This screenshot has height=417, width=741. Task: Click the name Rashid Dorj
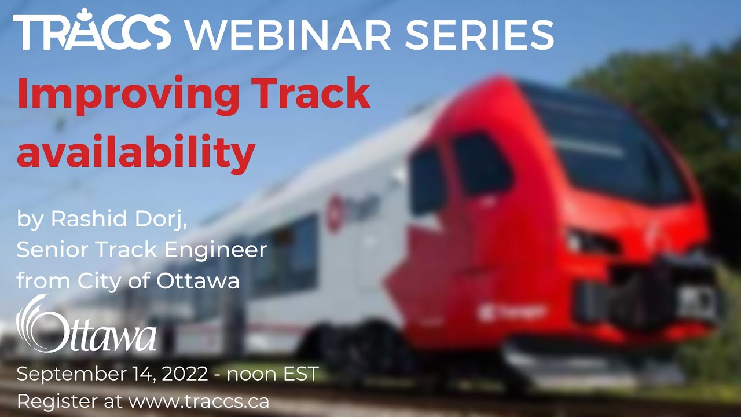click(x=119, y=220)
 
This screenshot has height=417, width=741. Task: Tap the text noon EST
click(x=273, y=374)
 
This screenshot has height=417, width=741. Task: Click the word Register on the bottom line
click(x=50, y=401)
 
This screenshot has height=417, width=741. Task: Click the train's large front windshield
click(x=608, y=145)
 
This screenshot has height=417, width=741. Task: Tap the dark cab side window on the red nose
click(x=480, y=165)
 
